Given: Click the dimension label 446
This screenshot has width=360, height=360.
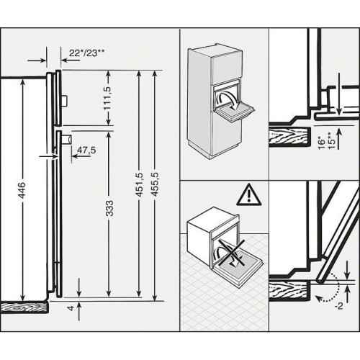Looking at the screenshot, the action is coord(22,191).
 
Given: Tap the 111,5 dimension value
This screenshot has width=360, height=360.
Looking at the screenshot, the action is coord(108,98).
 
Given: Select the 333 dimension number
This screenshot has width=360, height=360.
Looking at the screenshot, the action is coord(109,208).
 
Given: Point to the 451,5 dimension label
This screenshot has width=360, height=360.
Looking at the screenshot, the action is coord(139,185).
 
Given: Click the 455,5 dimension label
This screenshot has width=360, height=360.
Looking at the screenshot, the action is coord(156,185).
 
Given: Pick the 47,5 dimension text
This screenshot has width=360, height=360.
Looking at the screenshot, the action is coord(86,150).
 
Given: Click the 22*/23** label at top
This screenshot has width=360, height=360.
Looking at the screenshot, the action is coord(86,53).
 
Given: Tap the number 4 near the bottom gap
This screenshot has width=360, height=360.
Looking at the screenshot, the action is coord(71,308).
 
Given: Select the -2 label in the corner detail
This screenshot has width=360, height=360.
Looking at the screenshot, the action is coord(338,307).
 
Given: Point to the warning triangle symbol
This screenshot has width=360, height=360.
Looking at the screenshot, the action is coord(249,194).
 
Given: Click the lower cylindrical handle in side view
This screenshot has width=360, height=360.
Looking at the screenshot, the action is coord(67,140).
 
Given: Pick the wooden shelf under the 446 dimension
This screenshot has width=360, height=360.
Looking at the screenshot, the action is coord(24,307).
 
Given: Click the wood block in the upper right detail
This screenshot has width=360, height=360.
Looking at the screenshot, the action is coord(290,135).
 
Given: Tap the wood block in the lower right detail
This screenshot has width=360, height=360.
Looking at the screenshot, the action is coord(290,291).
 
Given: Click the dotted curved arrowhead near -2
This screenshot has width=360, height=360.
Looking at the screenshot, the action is coord(318,298).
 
